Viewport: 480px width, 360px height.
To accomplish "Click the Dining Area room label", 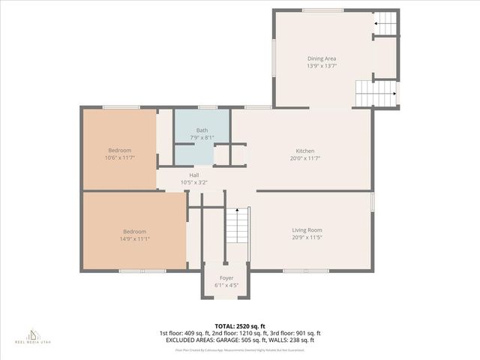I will [x=322, y=58].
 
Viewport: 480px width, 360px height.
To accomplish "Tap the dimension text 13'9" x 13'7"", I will [x=322, y=66].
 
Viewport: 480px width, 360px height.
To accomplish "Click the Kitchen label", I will [x=304, y=151].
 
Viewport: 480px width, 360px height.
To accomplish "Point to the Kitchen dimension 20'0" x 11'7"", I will [x=304, y=158].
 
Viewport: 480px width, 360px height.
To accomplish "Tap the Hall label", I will [x=193, y=175].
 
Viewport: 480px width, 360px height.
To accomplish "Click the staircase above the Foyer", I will [x=236, y=225].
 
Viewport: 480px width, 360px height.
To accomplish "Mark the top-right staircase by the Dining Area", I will [x=385, y=23].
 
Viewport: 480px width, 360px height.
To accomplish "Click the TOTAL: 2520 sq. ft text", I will [x=239, y=326].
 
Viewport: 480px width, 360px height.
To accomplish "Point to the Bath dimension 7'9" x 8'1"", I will [x=202, y=137].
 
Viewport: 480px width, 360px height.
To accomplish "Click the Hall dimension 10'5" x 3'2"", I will [x=193, y=182].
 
